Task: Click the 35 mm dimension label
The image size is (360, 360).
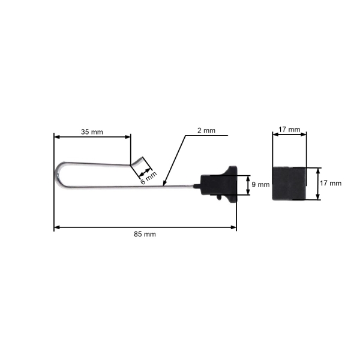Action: [x=92, y=132]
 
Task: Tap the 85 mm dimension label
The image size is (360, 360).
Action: [x=145, y=234]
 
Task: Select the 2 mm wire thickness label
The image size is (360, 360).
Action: [x=206, y=131]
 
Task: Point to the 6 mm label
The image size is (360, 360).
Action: [x=149, y=178]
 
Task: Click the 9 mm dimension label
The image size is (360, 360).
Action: [x=260, y=184]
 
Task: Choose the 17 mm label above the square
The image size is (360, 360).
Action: [x=289, y=130]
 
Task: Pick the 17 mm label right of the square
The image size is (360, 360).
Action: [x=331, y=183]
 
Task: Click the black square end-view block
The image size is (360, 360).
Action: [x=289, y=184]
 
